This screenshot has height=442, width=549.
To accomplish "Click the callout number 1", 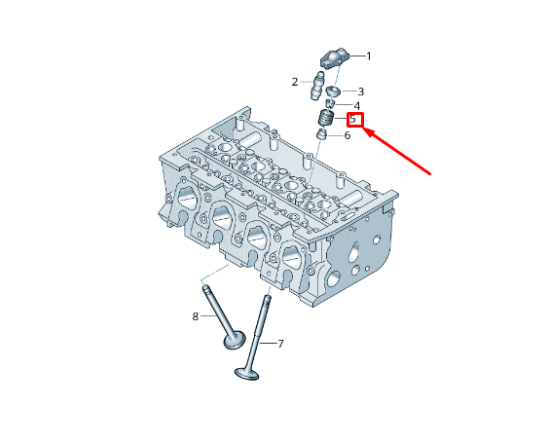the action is pos(368,56).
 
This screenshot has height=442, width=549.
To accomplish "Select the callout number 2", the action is pos(295,82).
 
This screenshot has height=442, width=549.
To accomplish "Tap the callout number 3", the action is pos(360,92).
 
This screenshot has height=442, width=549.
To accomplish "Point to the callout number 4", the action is pos(357,106).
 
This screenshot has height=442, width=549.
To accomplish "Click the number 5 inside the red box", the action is pos(353,119).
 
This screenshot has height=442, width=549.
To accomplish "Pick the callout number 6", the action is pos(348,135).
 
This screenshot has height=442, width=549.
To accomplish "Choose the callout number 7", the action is pos(280,344).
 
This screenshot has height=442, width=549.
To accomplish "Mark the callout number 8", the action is pos(196,316).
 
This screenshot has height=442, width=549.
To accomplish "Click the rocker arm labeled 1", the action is pos(335,58).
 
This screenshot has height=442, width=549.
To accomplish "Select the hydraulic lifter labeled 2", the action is pos(317,86).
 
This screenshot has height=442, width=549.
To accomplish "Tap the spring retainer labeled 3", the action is pos(333,92).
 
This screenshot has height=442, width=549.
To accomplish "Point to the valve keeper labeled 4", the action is pos(329,103).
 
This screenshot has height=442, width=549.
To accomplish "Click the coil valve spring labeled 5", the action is pos(326,119).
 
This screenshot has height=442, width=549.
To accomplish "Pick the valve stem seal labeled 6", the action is pos(321,134).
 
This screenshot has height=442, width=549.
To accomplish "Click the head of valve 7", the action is pos(247,373).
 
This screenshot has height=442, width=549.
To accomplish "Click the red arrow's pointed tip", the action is pos(362,129).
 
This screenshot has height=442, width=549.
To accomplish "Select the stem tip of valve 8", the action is pos(206,288).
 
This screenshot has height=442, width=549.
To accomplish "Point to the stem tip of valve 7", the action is pos(267,299).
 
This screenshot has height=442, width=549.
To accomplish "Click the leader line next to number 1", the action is pos(358,56).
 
